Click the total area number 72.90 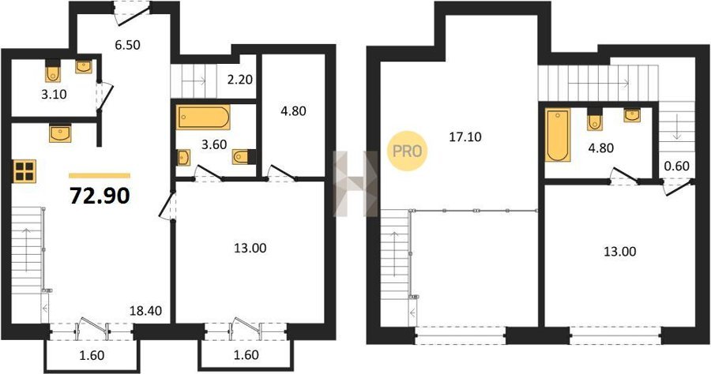[100, 196]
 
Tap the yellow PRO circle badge [407, 151]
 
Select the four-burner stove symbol [24, 171]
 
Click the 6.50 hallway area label [127, 45]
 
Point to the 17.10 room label [465, 137]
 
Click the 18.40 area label [145, 311]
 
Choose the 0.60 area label [676, 166]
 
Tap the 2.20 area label [240, 80]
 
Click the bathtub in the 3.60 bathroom [203, 118]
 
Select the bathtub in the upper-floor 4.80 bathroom [557, 135]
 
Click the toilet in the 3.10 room [54, 69]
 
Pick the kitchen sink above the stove [60, 133]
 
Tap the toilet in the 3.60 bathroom [243, 157]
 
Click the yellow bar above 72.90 [100, 176]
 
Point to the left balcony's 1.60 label [92, 355]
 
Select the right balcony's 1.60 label [246, 354]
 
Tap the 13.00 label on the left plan [250, 248]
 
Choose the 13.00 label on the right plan [620, 251]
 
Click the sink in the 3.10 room [84, 67]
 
